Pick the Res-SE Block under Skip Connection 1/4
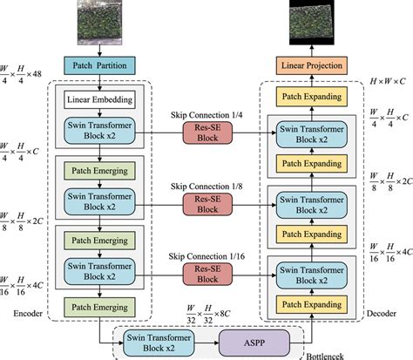coord(203,131)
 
